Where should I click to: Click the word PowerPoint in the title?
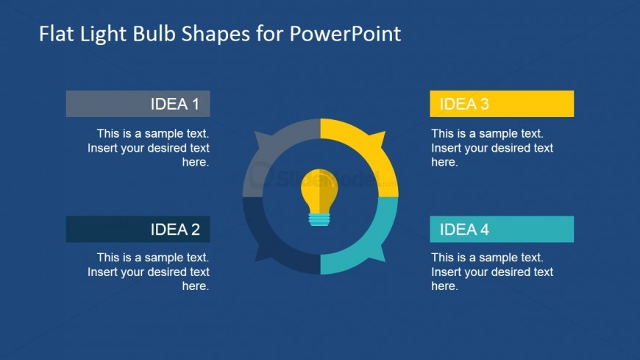tap(345, 34)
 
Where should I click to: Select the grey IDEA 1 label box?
tap(138, 104)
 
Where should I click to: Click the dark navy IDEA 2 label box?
tap(138, 229)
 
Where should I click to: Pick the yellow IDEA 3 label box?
tap(502, 104)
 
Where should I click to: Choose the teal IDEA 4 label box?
tap(502, 229)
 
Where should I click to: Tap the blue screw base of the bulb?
tap(319, 219)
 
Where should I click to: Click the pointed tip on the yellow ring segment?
tap(385, 132)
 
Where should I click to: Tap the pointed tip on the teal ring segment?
tap(385, 261)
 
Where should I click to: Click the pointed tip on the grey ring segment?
tap(255, 133)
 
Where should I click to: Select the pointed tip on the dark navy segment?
tap(255, 261)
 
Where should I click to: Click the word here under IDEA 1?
tap(196, 162)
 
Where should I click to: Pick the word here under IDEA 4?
tap(444, 286)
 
